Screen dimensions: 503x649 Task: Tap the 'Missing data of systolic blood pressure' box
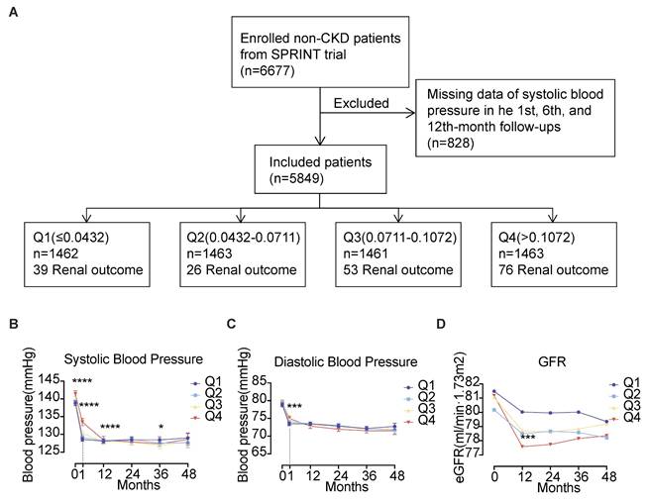[x=525, y=117]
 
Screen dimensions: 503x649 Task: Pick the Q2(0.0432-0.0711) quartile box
[x=240, y=252]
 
